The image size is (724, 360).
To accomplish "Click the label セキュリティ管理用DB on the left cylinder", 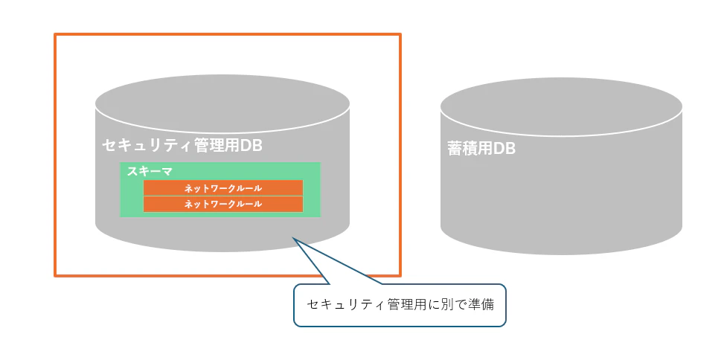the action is coord(182,146).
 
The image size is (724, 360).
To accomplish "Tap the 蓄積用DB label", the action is coord(481,149).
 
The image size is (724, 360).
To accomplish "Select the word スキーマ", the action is coord(150,171).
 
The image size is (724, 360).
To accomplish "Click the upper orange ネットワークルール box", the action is coord(223,188).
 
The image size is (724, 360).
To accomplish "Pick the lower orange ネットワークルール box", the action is coord(223,204).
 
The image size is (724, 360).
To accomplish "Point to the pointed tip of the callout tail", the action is coord(292,238).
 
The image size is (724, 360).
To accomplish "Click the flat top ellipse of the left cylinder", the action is coord(222,103).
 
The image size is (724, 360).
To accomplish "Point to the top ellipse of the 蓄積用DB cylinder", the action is coord(561,106).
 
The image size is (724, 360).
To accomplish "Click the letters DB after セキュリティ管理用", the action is coord(252,146).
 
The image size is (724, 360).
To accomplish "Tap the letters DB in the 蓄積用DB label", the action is coord(504,149).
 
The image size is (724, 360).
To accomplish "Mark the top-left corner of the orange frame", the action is coord(55,34).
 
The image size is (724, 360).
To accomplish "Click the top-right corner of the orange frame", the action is coord(400,34).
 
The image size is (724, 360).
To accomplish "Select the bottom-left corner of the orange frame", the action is coord(55,276).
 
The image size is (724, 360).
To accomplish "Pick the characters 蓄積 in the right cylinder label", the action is coord(462,149).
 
